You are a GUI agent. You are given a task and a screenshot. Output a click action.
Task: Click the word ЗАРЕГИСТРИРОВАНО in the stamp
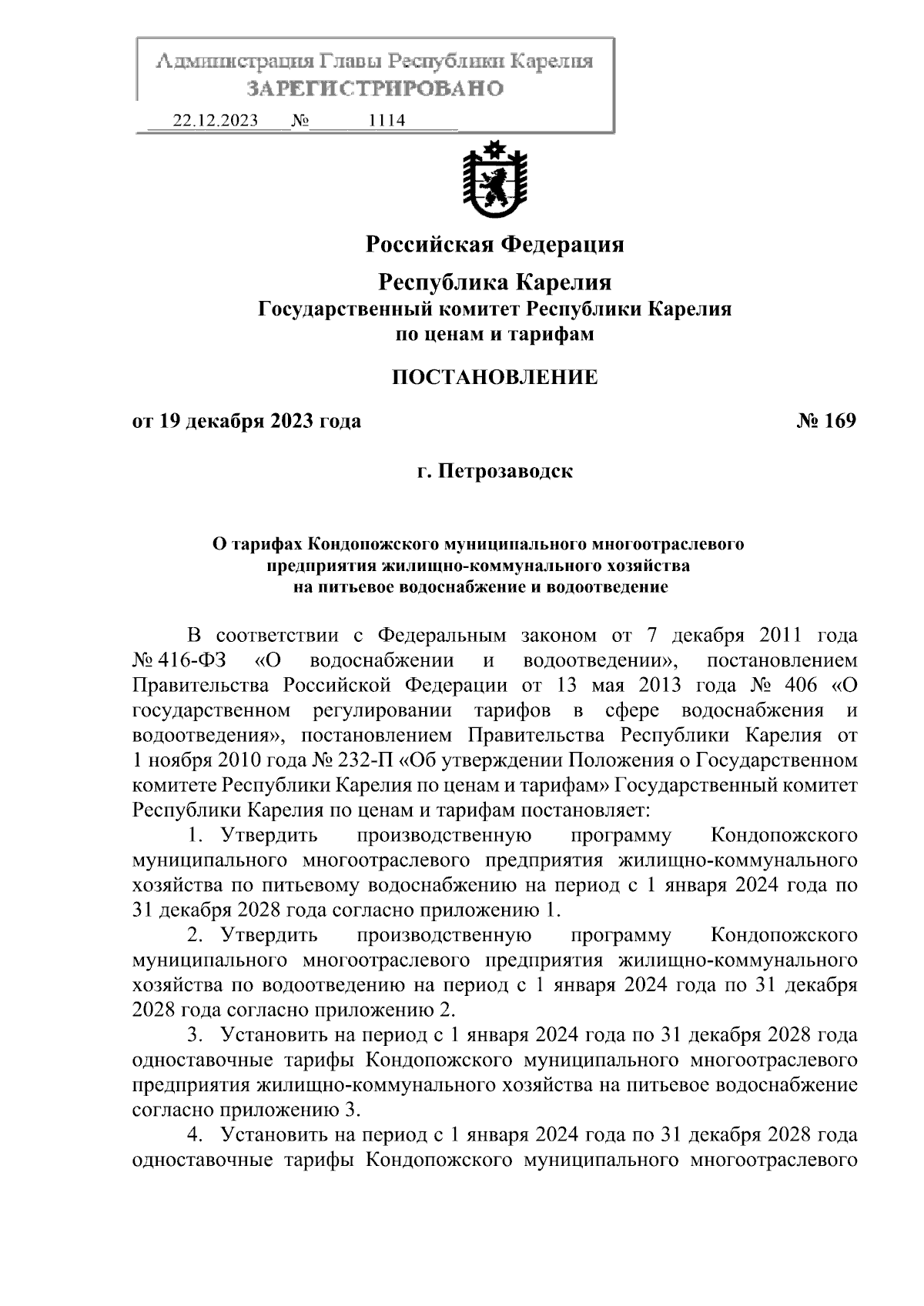pyautogui.click(x=375, y=89)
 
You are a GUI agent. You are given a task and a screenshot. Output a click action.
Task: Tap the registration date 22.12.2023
pyautogui.click(x=216, y=121)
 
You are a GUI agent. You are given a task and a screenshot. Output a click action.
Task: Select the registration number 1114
pyautogui.click(x=387, y=121)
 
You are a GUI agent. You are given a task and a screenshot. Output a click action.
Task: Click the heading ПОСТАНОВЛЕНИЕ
pyautogui.click(x=494, y=377)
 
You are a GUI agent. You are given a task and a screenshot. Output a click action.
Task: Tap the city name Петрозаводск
pyautogui.click(x=505, y=470)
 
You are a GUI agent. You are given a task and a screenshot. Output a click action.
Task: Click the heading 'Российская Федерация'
pyautogui.click(x=494, y=245)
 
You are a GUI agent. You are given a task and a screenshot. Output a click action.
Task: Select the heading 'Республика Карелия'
pyautogui.click(x=494, y=282)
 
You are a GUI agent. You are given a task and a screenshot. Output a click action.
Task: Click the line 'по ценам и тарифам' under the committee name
pyautogui.click(x=494, y=335)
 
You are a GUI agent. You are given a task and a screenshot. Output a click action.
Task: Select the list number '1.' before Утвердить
pyautogui.click(x=195, y=835)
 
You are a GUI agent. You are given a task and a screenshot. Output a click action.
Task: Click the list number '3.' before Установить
pyautogui.click(x=195, y=1034)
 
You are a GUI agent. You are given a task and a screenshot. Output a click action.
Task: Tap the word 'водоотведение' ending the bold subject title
pyautogui.click(x=615, y=588)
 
